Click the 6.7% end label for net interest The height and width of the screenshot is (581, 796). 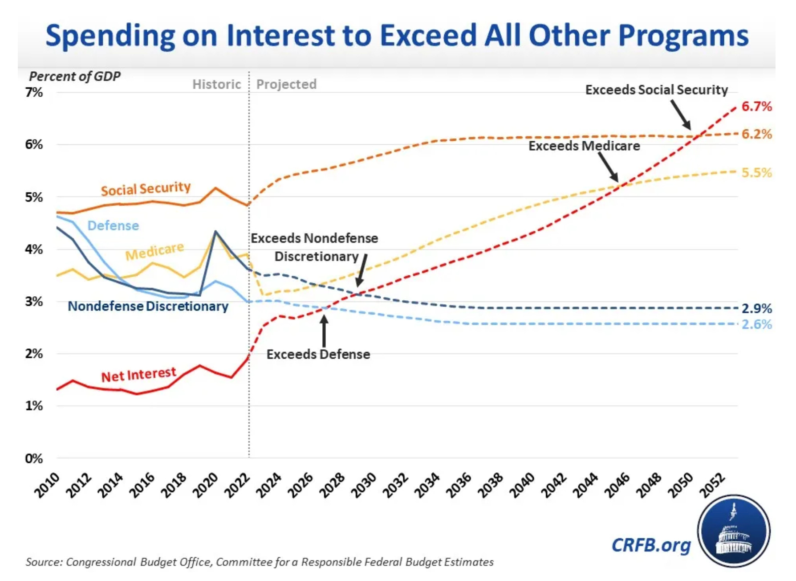click(x=756, y=106)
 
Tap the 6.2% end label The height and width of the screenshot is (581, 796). click(x=756, y=134)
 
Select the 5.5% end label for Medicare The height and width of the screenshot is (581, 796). click(x=756, y=172)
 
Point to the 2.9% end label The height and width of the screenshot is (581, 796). click(x=756, y=308)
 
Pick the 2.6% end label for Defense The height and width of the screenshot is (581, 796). click(x=756, y=324)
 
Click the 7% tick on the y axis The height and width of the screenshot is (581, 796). click(x=34, y=92)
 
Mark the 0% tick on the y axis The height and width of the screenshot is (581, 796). click(x=34, y=458)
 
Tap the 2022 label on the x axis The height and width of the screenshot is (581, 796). click(x=237, y=485)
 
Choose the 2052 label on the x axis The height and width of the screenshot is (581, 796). click(x=713, y=485)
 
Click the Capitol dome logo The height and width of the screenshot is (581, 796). click(x=733, y=531)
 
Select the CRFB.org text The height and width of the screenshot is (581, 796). click(x=651, y=545)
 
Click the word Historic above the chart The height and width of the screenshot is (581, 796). click(x=216, y=84)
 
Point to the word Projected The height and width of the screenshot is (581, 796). click(x=286, y=84)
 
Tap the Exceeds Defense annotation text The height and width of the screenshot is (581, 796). click(x=318, y=354)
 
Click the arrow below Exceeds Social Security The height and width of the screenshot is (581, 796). click(x=681, y=115)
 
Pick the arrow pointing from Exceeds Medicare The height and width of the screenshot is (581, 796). click(x=608, y=167)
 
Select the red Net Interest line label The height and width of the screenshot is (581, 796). click(x=138, y=374)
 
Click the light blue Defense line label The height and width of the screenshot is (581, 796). click(x=113, y=225)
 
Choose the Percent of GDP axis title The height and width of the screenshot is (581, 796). click(x=75, y=76)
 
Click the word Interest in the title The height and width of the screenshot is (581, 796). click(x=280, y=35)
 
